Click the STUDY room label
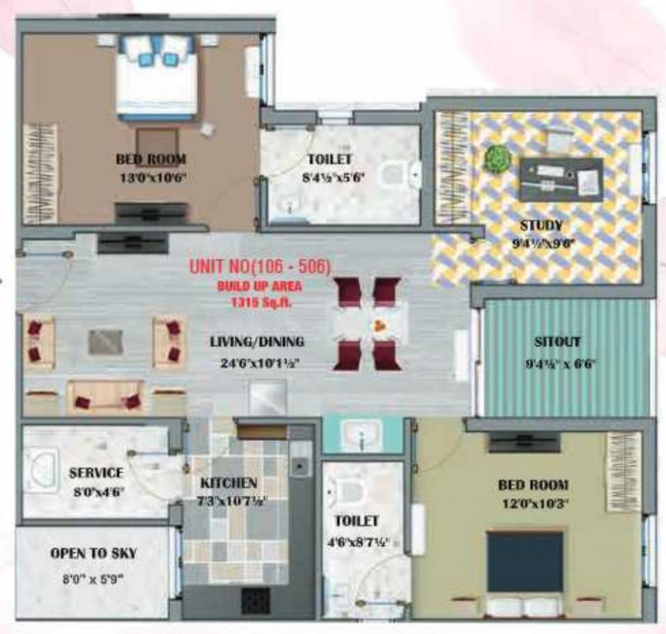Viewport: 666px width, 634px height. pyautogui.click(x=541, y=225)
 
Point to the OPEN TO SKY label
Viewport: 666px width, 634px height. pyautogui.click(x=93, y=553)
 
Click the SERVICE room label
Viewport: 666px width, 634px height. pyautogui.click(x=96, y=473)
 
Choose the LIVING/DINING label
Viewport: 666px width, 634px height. pyautogui.click(x=257, y=341)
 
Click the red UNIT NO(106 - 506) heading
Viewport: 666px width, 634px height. pyautogui.click(x=260, y=267)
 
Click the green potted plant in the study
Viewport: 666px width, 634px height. pyautogui.click(x=497, y=158)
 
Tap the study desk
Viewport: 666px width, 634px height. pyautogui.click(x=560, y=177)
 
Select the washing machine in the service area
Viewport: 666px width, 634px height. pyautogui.click(x=41, y=470)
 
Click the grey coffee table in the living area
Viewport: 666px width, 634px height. pyautogui.click(x=105, y=342)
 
